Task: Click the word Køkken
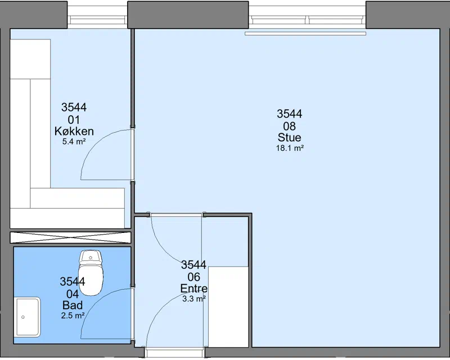coord(74,131)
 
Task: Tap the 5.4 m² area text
coord(74,141)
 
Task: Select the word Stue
coord(289,137)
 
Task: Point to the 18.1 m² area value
coord(290,148)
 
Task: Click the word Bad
coord(73,305)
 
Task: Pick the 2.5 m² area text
coord(73,316)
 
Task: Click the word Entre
coord(193,288)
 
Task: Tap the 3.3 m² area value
coord(194,299)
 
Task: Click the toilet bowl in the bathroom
coord(91,280)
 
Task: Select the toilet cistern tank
coord(91,257)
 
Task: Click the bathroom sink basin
coord(27,317)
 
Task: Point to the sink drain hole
coord(23,317)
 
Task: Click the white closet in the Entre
coord(228,307)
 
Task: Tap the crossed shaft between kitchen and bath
coord(71,237)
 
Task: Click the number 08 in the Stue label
coord(289,126)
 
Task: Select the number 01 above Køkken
coord(74,119)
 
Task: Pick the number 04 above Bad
coord(73,294)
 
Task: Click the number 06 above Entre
coord(193,277)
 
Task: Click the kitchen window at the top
coord(97,20)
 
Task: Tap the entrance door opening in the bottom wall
coord(174,352)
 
